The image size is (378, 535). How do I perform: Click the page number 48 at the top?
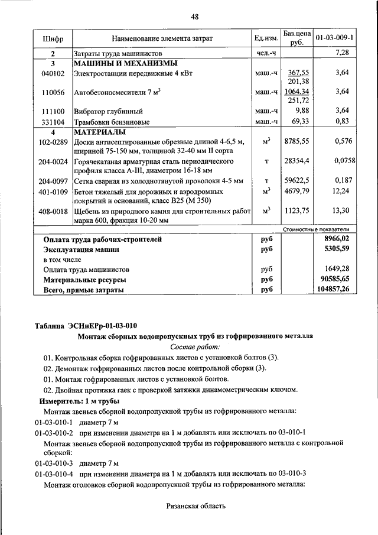pos(195,17)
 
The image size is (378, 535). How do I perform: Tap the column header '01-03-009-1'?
pos(334,37)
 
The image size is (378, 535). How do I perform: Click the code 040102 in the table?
pos(53,73)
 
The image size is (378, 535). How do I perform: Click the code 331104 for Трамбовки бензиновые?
pos(53,121)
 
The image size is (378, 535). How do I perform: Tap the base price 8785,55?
pos(296,142)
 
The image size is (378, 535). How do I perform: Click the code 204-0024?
pos(53,161)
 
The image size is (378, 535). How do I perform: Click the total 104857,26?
pos(333,290)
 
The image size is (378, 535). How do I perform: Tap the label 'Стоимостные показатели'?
pos(316,229)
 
